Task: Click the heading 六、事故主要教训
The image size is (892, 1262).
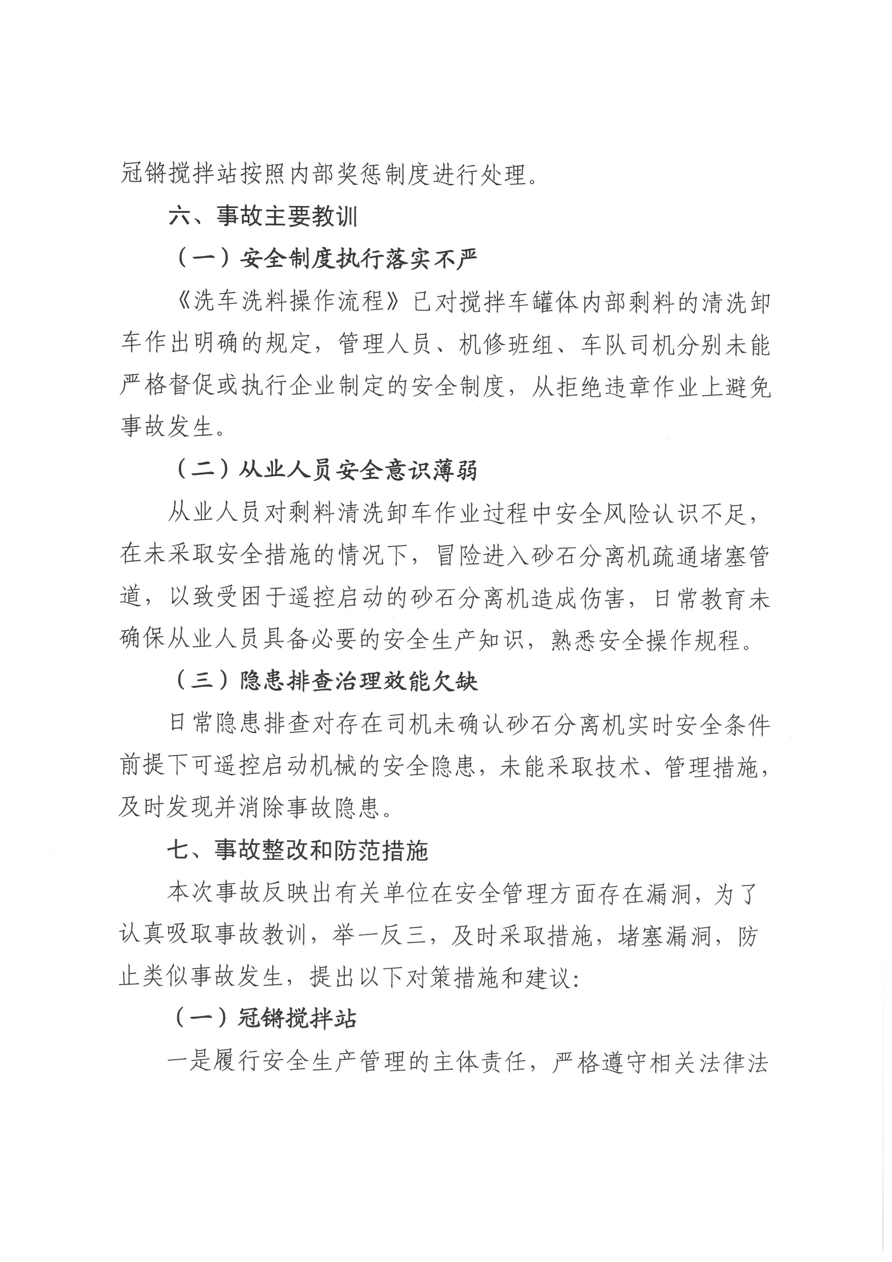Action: click(x=263, y=217)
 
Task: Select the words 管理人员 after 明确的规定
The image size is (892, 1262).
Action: click(x=383, y=345)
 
